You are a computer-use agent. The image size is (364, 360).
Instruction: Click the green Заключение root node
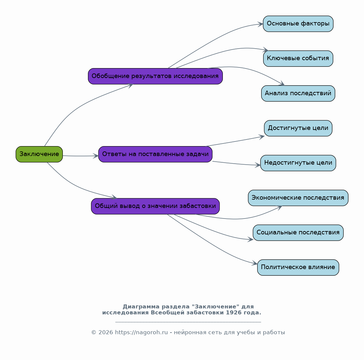point(39,154)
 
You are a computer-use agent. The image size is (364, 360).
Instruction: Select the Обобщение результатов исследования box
point(155,76)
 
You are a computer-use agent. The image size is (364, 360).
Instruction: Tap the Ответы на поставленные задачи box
point(155,154)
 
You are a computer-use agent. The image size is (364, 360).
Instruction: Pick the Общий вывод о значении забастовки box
point(155,206)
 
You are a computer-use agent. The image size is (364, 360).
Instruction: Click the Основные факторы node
point(298,24)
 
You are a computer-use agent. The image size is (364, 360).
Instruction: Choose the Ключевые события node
point(298,59)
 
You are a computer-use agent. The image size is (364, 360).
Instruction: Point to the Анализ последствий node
point(298,93)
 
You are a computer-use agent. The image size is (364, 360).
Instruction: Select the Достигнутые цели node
point(298,128)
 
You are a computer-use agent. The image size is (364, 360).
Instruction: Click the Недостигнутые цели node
point(298,163)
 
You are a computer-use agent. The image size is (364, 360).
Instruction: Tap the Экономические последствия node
point(298,198)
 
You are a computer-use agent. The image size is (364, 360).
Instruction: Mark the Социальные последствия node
point(298,233)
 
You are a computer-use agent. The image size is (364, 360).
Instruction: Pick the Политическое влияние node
point(298,267)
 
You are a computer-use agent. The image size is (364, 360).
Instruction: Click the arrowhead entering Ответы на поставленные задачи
point(96,156)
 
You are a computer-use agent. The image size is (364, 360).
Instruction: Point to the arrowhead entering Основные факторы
point(261,24)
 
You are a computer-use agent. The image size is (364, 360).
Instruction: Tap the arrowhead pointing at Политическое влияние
point(255,263)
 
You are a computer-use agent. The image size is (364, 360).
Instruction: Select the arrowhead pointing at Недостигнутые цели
point(258,165)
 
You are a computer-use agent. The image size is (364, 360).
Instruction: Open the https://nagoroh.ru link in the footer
point(142,332)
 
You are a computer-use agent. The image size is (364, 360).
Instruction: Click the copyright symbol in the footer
point(94,332)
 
